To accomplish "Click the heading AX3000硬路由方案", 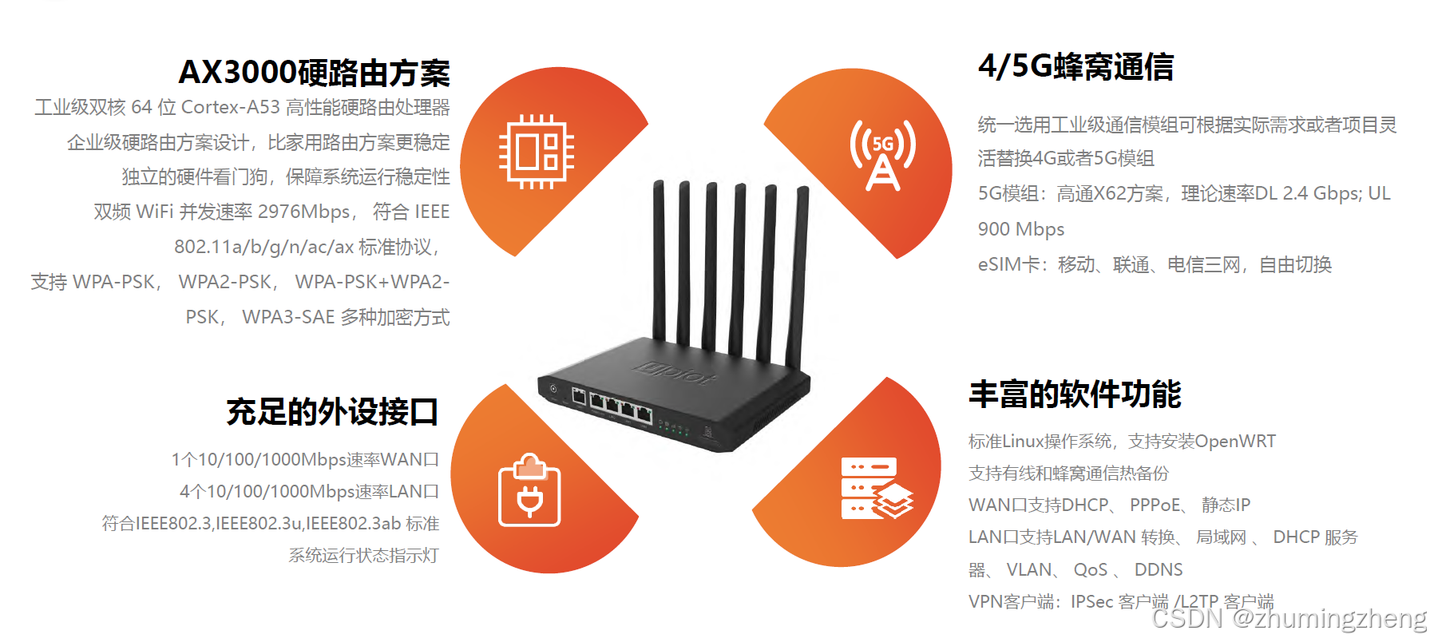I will pyautogui.click(x=314, y=73).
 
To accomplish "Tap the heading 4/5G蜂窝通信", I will pyautogui.click(x=1075, y=66).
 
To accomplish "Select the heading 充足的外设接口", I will pyautogui.click(x=332, y=412).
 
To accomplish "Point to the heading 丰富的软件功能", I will pyautogui.click(x=1075, y=394).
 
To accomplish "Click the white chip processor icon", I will pyautogui.click(x=537, y=152).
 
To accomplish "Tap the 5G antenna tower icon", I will pyautogui.click(x=882, y=155).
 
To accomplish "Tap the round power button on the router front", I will pyautogui.click(x=553, y=389).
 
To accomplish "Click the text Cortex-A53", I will pyautogui.click(x=230, y=107).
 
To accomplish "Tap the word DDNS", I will pyautogui.click(x=1159, y=569).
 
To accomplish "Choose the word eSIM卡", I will pyautogui.click(x=1009, y=264).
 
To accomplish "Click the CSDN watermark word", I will pyautogui.click(x=1186, y=618).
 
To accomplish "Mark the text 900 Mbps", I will pyautogui.click(x=1021, y=229).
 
